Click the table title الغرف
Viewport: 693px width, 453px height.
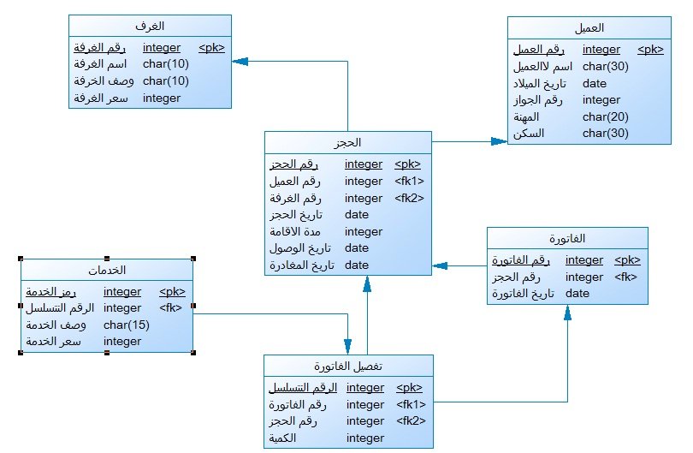(150, 26)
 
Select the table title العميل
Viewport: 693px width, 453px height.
(589, 28)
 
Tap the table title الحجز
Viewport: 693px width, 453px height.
(347, 142)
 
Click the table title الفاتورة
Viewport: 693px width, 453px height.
(567, 239)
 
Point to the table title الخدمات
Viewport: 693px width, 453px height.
(107, 270)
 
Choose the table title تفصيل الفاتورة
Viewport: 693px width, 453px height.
(348, 367)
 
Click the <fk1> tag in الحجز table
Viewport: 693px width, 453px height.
(409, 181)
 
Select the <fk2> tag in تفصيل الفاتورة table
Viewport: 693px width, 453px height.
(411, 420)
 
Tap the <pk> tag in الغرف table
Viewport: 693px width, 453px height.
(211, 47)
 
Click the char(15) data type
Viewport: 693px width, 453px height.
(127, 325)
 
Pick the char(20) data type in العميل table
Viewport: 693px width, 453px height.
(606, 116)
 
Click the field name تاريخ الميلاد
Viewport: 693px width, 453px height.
(540, 84)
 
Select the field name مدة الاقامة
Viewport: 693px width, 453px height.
(295, 231)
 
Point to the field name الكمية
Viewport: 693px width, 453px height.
(282, 438)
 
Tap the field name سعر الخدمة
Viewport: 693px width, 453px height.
(54, 341)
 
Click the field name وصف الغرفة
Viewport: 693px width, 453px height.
(104, 81)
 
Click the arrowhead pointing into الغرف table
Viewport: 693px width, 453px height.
(240, 62)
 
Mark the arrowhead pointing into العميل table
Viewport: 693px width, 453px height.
(499, 141)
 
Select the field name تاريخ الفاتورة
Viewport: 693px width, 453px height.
(524, 294)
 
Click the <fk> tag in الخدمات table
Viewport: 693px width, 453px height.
(170, 307)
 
